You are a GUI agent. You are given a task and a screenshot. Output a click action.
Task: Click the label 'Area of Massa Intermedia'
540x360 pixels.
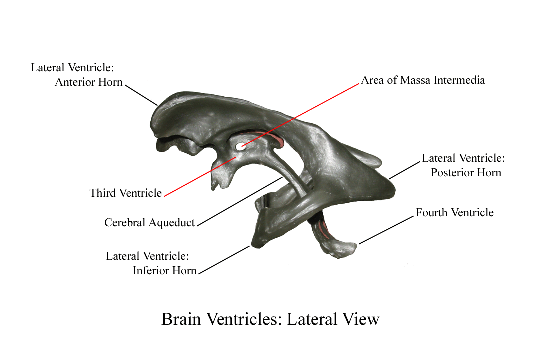click(423, 80)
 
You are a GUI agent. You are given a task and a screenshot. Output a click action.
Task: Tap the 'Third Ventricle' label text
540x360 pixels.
click(125, 193)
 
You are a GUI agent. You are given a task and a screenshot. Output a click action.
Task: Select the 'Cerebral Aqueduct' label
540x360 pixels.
click(150, 222)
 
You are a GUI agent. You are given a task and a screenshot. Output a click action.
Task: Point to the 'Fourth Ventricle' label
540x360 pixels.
click(454, 212)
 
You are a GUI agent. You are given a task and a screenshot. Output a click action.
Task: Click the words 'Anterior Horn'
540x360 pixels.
click(89, 82)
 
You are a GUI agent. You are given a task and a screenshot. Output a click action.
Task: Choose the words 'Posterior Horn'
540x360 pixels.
click(466, 172)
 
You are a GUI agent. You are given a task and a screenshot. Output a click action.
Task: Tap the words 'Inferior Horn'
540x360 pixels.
click(164, 271)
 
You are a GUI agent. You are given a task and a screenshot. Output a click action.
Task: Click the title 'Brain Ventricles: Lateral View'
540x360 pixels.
click(270, 319)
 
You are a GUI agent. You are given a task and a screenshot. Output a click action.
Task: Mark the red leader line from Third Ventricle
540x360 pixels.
click(200, 177)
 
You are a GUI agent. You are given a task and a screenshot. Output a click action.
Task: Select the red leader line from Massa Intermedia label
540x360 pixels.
click(300, 115)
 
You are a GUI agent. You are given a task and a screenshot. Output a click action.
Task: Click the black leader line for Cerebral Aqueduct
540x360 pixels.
click(240, 202)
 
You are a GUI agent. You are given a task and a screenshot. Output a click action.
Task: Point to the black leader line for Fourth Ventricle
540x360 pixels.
click(386, 230)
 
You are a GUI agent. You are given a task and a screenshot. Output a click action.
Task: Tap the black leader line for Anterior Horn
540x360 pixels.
click(141, 95)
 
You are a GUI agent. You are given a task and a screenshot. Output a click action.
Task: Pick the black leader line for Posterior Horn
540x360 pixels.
click(405, 170)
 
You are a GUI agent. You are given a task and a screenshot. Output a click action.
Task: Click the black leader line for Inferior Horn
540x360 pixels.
click(224, 260)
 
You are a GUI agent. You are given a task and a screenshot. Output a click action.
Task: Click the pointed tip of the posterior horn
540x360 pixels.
click(395, 189)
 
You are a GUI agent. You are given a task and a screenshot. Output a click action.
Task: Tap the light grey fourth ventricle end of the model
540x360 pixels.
click(339, 248)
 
